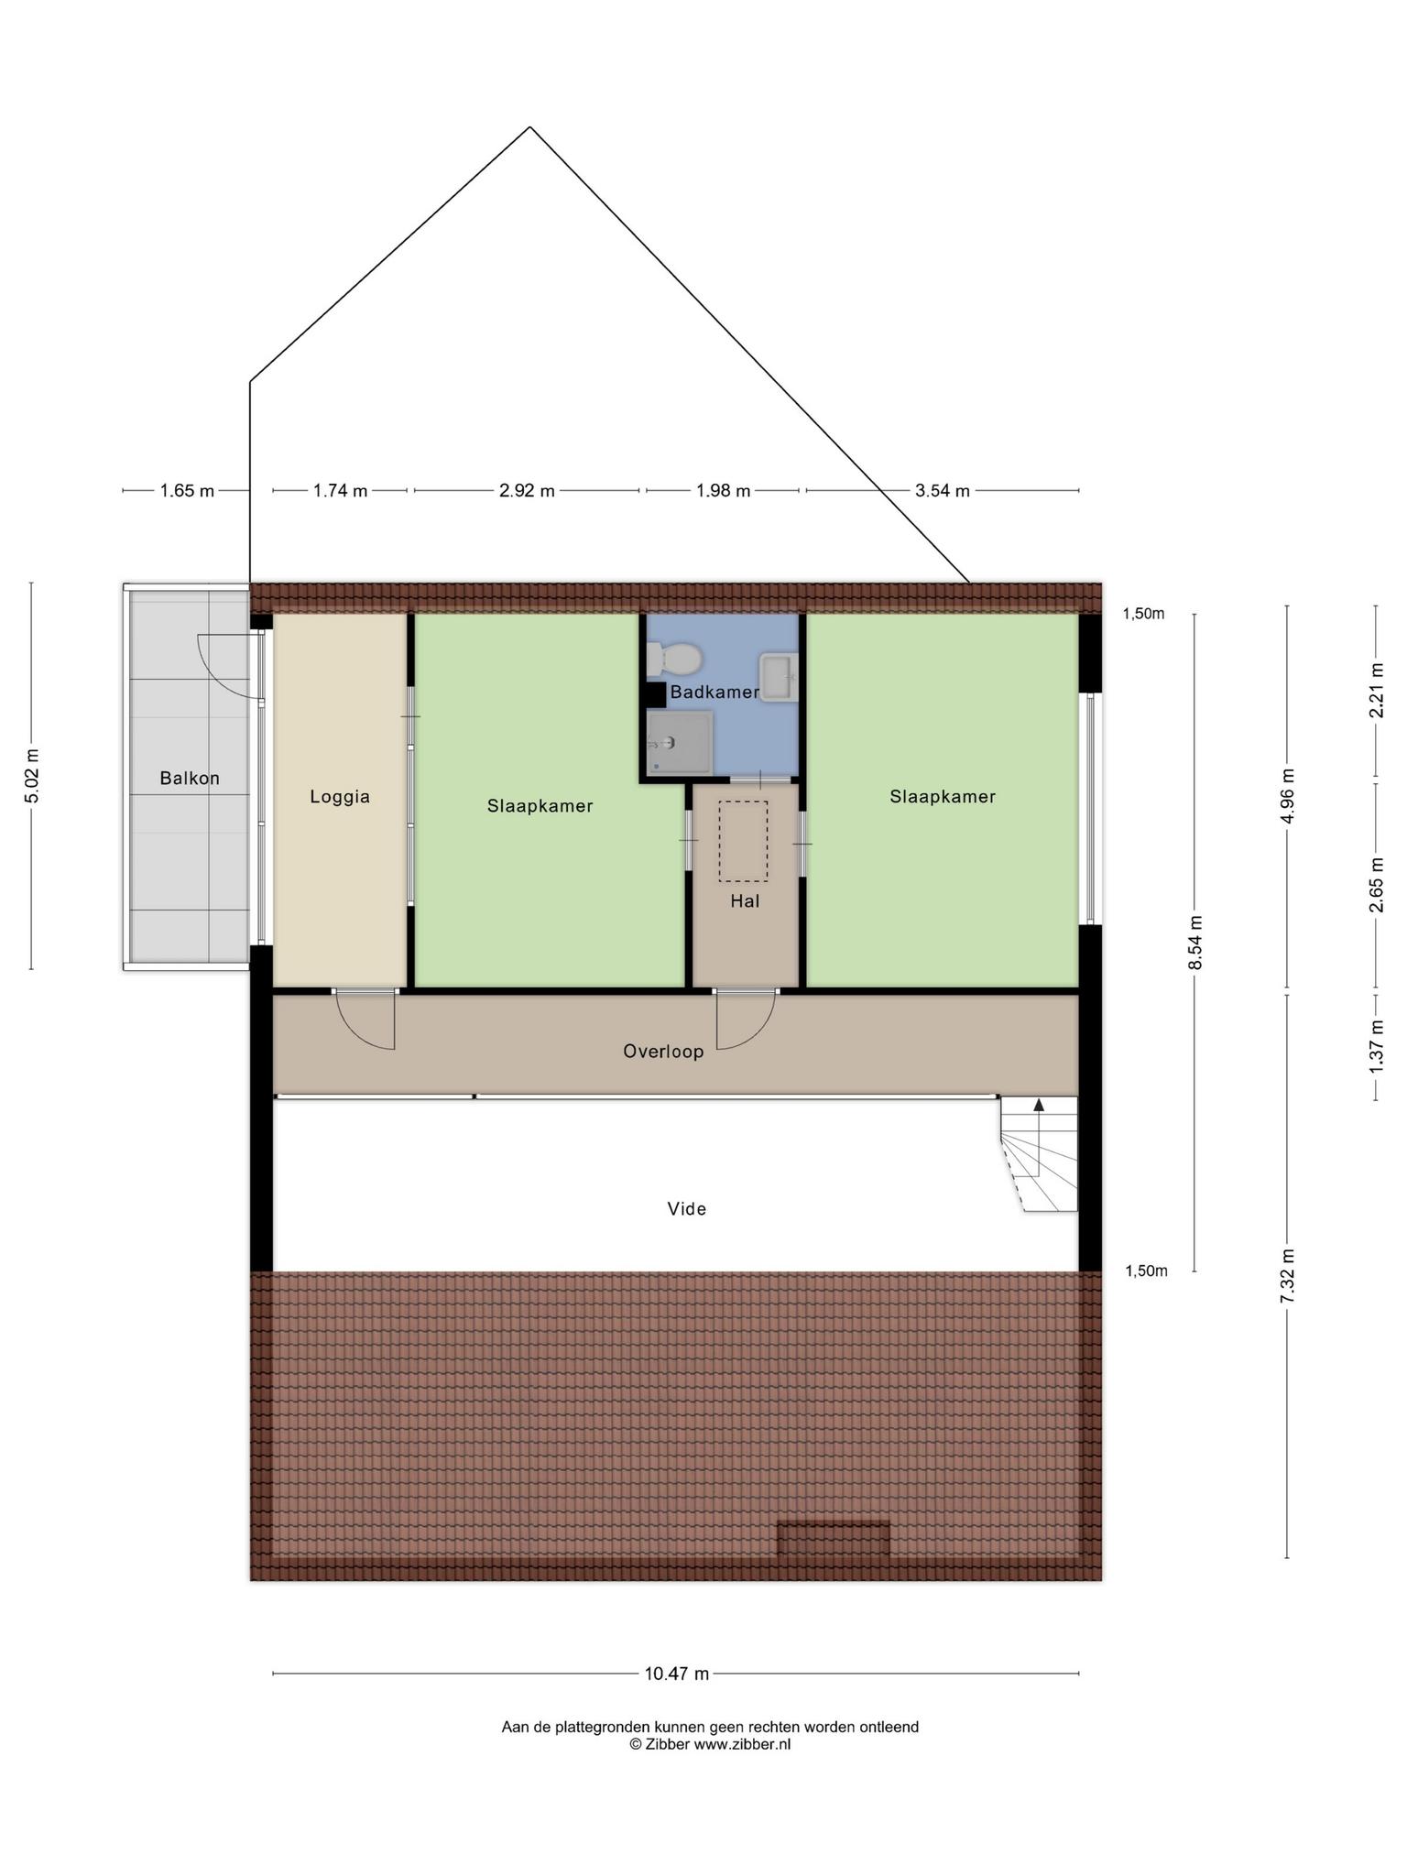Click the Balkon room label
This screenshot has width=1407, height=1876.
tap(190, 779)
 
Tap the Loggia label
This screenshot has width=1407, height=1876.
tap(340, 797)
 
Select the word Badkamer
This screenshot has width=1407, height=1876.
tap(714, 693)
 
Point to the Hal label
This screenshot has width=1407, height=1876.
tap(745, 901)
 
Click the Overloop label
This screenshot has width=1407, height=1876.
tap(663, 1052)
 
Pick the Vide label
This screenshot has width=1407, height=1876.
tap(687, 1209)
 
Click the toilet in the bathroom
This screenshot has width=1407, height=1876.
tap(674, 658)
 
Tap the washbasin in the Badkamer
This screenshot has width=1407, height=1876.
tap(779, 678)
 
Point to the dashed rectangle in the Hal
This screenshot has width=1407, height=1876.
tap(743, 841)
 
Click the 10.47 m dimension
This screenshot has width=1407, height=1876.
tap(677, 1674)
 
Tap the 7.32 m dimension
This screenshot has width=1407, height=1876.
tap(1287, 1275)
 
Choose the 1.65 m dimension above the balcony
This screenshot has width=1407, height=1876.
tap(187, 491)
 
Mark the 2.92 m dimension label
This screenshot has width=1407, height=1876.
tap(527, 491)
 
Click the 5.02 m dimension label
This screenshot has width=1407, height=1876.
tap(32, 776)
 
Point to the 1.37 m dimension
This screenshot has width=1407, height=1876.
tap(1376, 1046)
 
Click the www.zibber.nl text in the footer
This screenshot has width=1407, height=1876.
tap(742, 1744)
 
